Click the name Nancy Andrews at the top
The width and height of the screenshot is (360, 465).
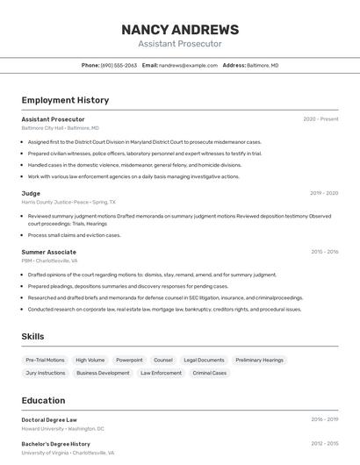click(180, 29)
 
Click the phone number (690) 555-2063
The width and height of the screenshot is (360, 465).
click(119, 65)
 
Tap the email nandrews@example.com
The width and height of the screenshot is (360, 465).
click(188, 65)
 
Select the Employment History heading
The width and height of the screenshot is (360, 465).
click(65, 100)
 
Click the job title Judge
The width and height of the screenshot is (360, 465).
click(31, 193)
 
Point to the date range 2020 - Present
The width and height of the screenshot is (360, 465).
click(320, 119)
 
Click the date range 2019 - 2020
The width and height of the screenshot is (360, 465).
click(324, 193)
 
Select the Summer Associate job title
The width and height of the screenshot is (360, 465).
click(48, 252)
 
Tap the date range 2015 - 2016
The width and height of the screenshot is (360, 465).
click(324, 252)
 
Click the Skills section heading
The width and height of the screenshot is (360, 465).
click(33, 336)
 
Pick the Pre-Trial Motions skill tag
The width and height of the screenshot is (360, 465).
click(45, 360)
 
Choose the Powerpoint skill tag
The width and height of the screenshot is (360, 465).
click(129, 360)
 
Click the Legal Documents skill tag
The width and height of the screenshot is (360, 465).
click(204, 360)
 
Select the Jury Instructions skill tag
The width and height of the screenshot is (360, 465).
click(46, 373)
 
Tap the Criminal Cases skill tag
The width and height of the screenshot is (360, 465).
click(210, 373)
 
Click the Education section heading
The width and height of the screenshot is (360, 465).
click(43, 400)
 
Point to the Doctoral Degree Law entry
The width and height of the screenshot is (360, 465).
click(49, 419)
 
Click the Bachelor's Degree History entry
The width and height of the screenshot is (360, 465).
click(56, 444)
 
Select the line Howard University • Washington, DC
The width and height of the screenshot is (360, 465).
click(62, 429)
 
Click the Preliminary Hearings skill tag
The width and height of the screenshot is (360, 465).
click(260, 360)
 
